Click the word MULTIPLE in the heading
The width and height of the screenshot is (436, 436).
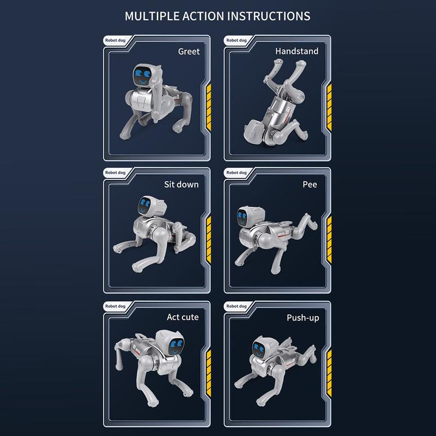152,16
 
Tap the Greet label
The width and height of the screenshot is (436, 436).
189,51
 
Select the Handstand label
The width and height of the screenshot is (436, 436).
296,51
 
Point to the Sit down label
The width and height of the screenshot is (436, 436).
181,184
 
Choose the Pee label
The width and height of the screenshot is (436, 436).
310,184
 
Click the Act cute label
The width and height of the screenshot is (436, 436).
183,317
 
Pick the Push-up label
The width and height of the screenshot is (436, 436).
303,318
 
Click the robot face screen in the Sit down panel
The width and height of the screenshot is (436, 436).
145,206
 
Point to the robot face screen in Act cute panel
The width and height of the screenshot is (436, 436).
175,347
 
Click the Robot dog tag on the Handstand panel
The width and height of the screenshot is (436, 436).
237,40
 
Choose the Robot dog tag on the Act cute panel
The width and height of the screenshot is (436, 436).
115,306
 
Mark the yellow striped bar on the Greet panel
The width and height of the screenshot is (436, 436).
209,107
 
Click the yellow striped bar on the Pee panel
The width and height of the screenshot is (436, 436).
329,240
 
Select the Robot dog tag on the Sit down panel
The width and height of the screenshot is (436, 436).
115,173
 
